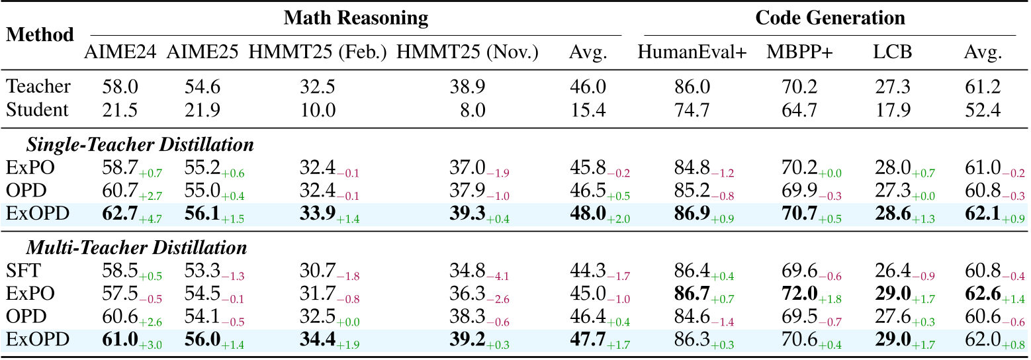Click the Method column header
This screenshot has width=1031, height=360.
[x=40, y=35]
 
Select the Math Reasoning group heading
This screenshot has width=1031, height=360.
[x=355, y=18]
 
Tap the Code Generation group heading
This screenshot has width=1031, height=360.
[x=830, y=18]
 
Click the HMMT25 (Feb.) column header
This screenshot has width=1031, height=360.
[x=318, y=52]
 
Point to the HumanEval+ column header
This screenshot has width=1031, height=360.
[x=692, y=52]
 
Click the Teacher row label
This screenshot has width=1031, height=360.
[x=38, y=86]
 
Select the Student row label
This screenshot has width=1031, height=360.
[x=37, y=109]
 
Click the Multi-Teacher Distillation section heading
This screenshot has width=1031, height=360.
[x=136, y=248]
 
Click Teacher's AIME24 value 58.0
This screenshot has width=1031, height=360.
[x=120, y=86]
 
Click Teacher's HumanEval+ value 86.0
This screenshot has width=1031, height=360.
[x=692, y=86]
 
